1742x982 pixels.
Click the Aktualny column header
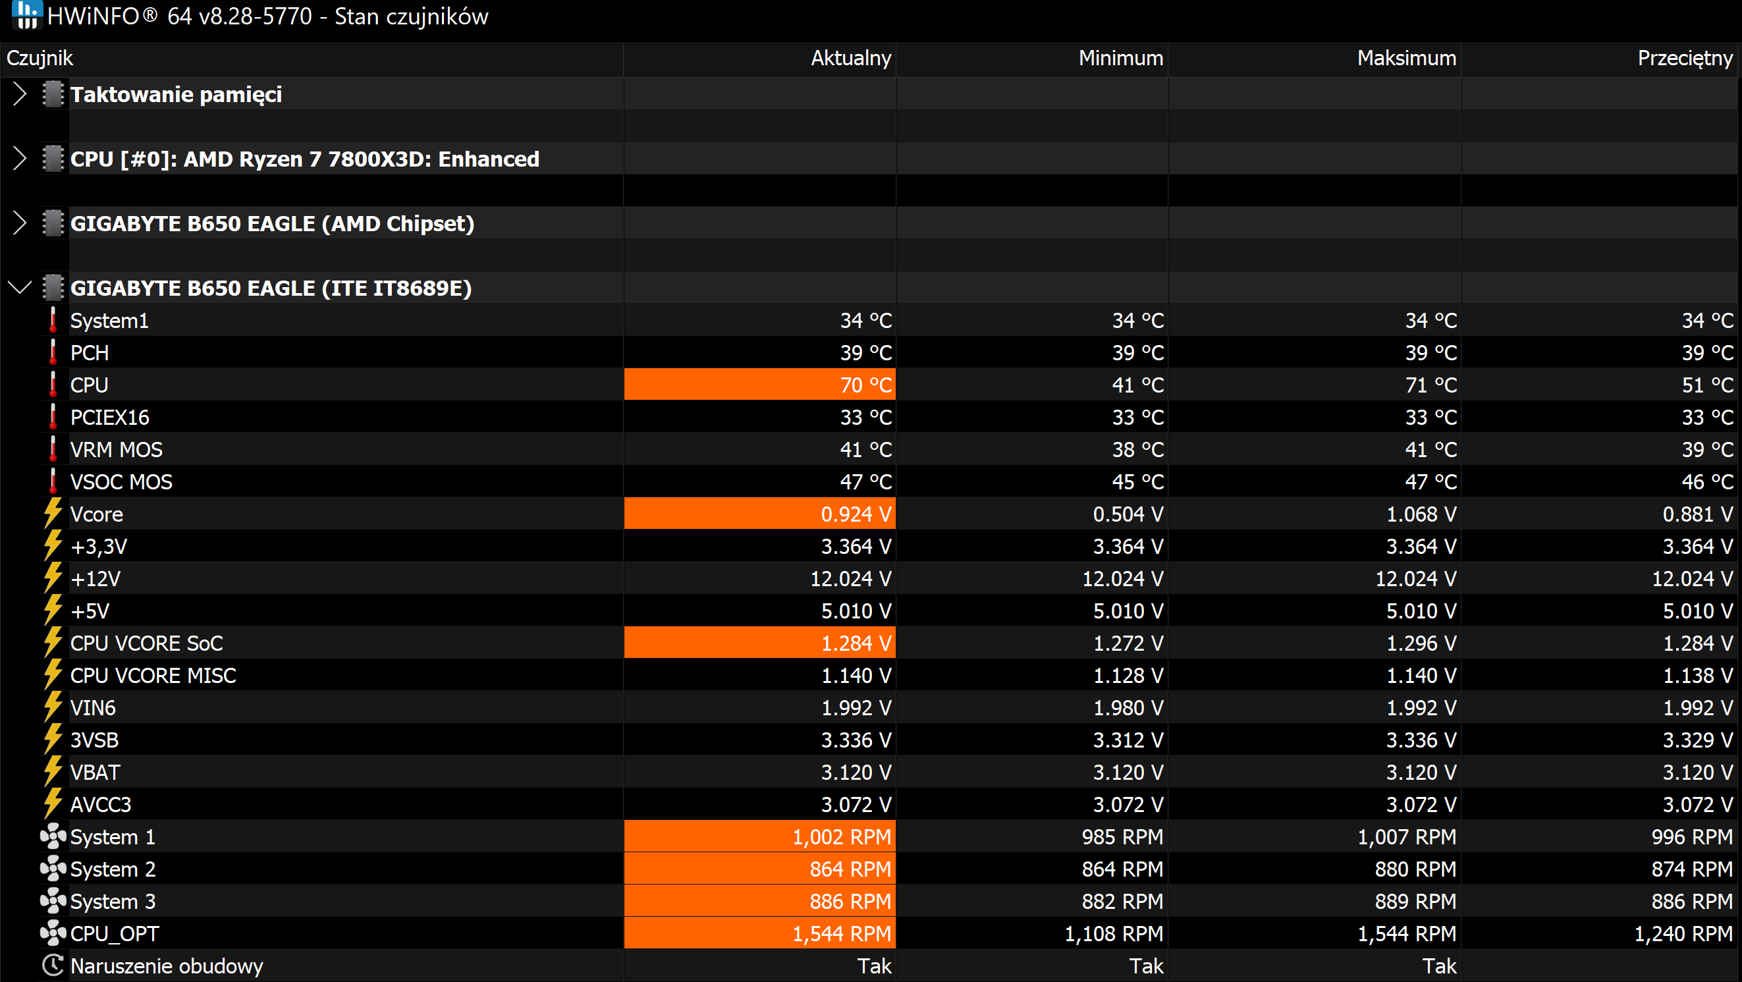point(851,58)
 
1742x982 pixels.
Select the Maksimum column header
point(1407,58)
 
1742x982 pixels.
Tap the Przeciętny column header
point(1685,59)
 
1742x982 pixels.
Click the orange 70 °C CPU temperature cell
point(759,385)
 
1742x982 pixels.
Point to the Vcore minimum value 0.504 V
point(1128,514)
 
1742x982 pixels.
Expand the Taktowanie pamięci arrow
point(20,94)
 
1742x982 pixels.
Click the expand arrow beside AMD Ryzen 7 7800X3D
point(20,159)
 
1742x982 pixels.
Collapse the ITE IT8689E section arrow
point(20,288)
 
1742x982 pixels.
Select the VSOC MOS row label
point(121,482)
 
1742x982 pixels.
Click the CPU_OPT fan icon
point(53,933)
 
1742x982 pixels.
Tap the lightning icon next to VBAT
point(53,772)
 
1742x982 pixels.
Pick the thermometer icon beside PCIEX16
point(53,417)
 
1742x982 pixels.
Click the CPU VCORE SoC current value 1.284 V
point(856,643)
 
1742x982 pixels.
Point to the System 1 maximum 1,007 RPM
point(1407,837)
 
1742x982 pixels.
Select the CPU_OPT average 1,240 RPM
point(1683,934)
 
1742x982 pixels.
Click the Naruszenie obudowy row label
point(167,966)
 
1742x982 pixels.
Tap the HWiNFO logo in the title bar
point(27,14)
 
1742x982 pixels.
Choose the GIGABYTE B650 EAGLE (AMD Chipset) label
point(272,223)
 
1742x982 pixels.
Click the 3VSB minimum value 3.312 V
point(1128,740)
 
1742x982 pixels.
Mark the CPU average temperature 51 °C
point(1708,385)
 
